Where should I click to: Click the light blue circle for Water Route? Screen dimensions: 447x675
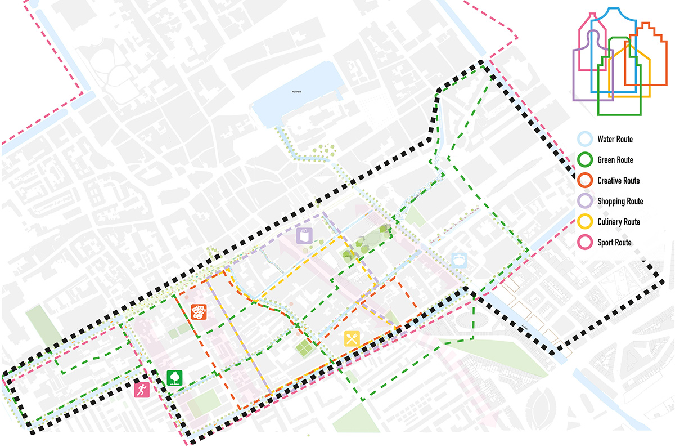pyautogui.click(x=586, y=139)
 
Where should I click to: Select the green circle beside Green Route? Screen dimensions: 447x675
pyautogui.click(x=586, y=160)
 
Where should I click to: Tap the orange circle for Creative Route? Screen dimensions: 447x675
pyautogui.click(x=586, y=181)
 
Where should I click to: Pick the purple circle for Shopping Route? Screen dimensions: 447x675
pyautogui.click(x=586, y=201)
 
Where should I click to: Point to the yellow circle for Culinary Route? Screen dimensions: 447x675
pyautogui.click(x=586, y=222)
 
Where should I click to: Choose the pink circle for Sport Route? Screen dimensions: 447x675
pyautogui.click(x=586, y=243)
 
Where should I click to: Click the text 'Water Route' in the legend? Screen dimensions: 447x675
pyautogui.click(x=615, y=139)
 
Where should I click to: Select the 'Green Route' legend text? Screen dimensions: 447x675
pyautogui.click(x=615, y=160)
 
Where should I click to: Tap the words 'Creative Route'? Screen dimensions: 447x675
pyautogui.click(x=619, y=181)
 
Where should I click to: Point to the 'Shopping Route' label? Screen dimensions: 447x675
pyautogui.click(x=620, y=201)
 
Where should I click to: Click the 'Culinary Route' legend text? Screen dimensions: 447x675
pyautogui.click(x=619, y=222)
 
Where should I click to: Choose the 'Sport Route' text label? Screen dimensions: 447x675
pyautogui.click(x=614, y=243)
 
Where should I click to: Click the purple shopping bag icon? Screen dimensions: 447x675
pyautogui.click(x=304, y=235)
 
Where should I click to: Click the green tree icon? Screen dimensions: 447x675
pyautogui.click(x=175, y=377)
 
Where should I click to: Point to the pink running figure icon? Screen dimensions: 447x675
pyautogui.click(x=142, y=390)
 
